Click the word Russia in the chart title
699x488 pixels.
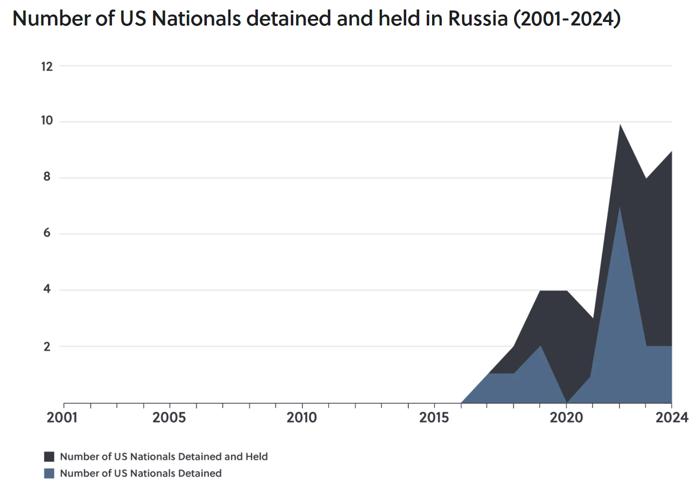point(478,19)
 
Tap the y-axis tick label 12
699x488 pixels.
point(47,66)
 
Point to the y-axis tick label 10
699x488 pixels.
point(47,120)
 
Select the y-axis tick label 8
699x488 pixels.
point(47,176)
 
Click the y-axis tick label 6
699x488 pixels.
point(47,233)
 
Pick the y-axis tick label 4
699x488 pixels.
point(47,289)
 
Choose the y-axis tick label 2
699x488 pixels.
point(47,346)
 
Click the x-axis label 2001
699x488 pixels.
point(62,417)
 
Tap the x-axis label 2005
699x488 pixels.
point(169,417)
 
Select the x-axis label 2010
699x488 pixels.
point(302,417)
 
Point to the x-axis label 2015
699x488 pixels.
point(434,417)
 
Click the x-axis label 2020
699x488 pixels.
point(567,417)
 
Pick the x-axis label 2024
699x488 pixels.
point(672,417)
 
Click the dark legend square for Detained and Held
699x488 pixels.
point(49,457)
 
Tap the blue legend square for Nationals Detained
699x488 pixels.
point(49,473)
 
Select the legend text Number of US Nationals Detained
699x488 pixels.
point(141,473)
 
